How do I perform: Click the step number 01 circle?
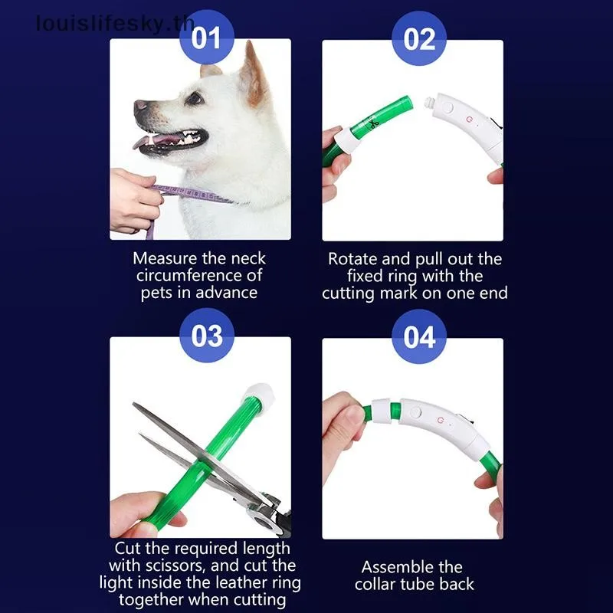point(205,38)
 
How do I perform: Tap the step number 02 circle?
point(419,38)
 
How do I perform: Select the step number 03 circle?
point(205,336)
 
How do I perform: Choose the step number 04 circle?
point(419,336)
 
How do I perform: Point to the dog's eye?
point(195,97)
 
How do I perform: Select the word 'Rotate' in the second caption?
point(352,259)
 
